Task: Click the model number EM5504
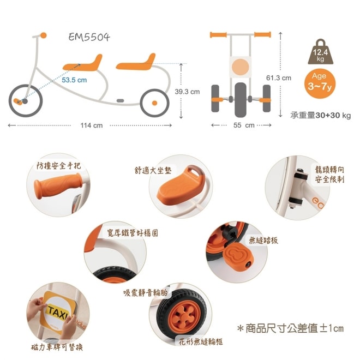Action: pyautogui.click(x=89, y=37)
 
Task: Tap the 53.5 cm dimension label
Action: pyautogui.click(x=74, y=80)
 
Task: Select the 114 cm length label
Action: pyautogui.click(x=92, y=125)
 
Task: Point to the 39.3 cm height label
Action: pyautogui.click(x=187, y=92)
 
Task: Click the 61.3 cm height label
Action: pyautogui.click(x=279, y=78)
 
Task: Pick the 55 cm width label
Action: pyautogui.click(x=244, y=125)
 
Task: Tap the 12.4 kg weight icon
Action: pyautogui.click(x=321, y=52)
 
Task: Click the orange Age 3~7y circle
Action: pyautogui.click(x=320, y=83)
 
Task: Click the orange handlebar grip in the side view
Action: pyautogui.click(x=44, y=35)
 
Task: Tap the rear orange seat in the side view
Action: pyautogui.click(x=136, y=62)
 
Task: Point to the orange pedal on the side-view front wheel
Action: pyautogui.click(x=18, y=101)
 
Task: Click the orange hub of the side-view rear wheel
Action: pyautogui.click(x=154, y=103)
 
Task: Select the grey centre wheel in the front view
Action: pyautogui.click(x=241, y=100)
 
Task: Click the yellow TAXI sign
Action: pyautogui.click(x=58, y=312)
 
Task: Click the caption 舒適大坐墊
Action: pyautogui.click(x=153, y=170)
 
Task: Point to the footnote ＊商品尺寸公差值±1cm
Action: pyautogui.click(x=290, y=328)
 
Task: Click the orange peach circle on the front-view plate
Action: pyautogui.click(x=241, y=67)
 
